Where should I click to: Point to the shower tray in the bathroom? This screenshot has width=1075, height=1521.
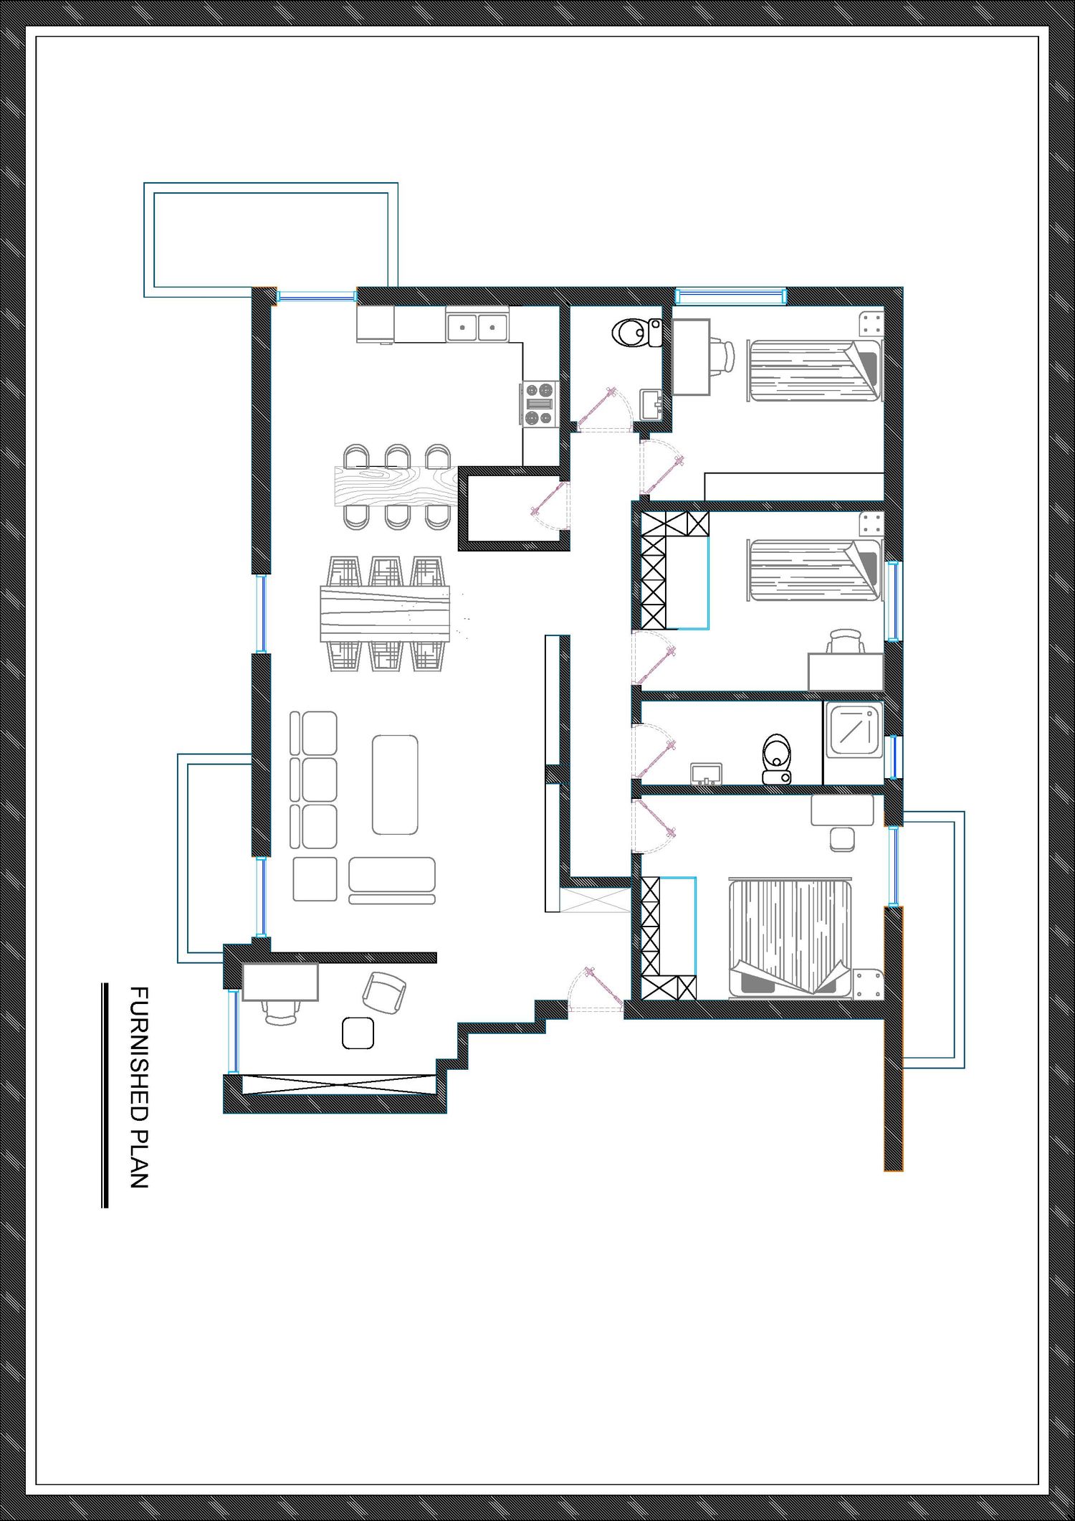[x=855, y=730]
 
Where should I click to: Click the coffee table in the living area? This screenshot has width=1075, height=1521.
[x=395, y=785]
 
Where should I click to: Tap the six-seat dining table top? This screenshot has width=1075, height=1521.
[x=385, y=614]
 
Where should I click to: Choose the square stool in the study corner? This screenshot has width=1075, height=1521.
[x=358, y=1033]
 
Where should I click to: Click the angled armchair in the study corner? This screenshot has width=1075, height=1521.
[x=384, y=993]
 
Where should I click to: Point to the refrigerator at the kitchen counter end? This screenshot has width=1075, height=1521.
[x=376, y=325]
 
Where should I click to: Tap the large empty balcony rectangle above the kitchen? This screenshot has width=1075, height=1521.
[x=271, y=240]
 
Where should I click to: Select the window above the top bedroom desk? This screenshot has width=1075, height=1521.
[x=731, y=295]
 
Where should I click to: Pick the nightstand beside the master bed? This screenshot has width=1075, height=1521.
[x=868, y=983]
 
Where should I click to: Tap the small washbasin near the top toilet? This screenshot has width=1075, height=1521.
[x=652, y=404]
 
